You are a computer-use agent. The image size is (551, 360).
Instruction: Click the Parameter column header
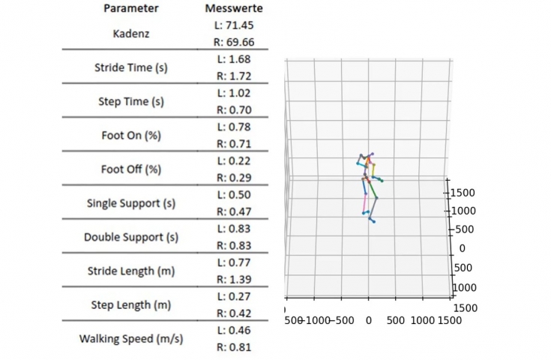(131, 9)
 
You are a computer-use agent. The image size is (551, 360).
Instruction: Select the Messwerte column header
(232, 9)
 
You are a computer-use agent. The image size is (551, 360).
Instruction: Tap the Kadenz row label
(131, 34)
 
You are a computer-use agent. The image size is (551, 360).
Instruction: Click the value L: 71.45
(233, 25)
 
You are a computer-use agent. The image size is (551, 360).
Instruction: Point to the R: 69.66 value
(233, 42)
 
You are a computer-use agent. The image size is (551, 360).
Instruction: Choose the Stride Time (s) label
(131, 67)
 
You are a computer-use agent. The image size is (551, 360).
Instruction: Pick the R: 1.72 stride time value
(233, 76)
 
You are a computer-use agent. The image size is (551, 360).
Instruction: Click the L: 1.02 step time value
(233, 93)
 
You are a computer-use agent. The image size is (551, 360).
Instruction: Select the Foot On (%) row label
(131, 136)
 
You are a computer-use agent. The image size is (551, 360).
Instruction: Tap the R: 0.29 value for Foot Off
(233, 178)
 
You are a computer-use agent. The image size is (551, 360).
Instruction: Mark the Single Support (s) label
(131, 203)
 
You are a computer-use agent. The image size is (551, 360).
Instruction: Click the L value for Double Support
(233, 228)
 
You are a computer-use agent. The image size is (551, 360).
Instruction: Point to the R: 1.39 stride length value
(233, 279)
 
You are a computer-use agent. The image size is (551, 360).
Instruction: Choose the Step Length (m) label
(131, 305)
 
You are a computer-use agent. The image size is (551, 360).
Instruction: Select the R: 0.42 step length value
(233, 313)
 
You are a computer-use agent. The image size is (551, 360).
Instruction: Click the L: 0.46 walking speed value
(233, 330)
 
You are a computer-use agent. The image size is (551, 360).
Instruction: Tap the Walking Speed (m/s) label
(131, 338)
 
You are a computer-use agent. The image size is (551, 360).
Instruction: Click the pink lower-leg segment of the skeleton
(365, 201)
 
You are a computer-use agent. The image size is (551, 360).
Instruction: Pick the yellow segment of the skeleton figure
(373, 166)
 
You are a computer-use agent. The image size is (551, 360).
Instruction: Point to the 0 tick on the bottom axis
(369, 319)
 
